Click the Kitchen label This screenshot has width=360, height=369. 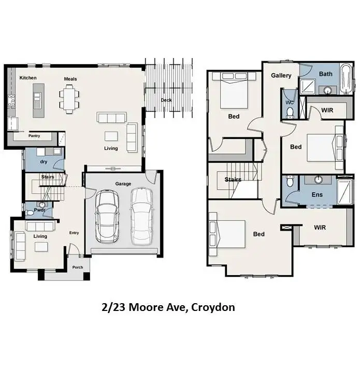(x=28, y=78)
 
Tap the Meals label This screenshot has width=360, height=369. (x=70, y=79)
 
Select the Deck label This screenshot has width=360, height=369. (x=166, y=100)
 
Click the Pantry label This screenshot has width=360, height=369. (x=34, y=136)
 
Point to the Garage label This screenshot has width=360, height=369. (x=123, y=184)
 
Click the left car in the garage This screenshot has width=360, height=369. (x=107, y=217)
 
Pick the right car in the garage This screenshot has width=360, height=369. (x=142, y=216)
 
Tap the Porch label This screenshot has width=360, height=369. (x=78, y=267)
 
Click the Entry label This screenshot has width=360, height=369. (x=74, y=233)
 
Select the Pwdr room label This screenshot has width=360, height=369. (x=39, y=210)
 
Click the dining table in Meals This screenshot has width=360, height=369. (x=70, y=97)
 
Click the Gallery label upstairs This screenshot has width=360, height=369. (x=281, y=76)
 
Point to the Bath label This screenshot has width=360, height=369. (x=325, y=74)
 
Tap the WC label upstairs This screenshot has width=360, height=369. (x=290, y=102)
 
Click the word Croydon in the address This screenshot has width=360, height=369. (x=212, y=307)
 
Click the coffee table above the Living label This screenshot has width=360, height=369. (x=111, y=136)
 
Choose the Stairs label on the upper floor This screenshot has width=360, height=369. (x=233, y=180)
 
